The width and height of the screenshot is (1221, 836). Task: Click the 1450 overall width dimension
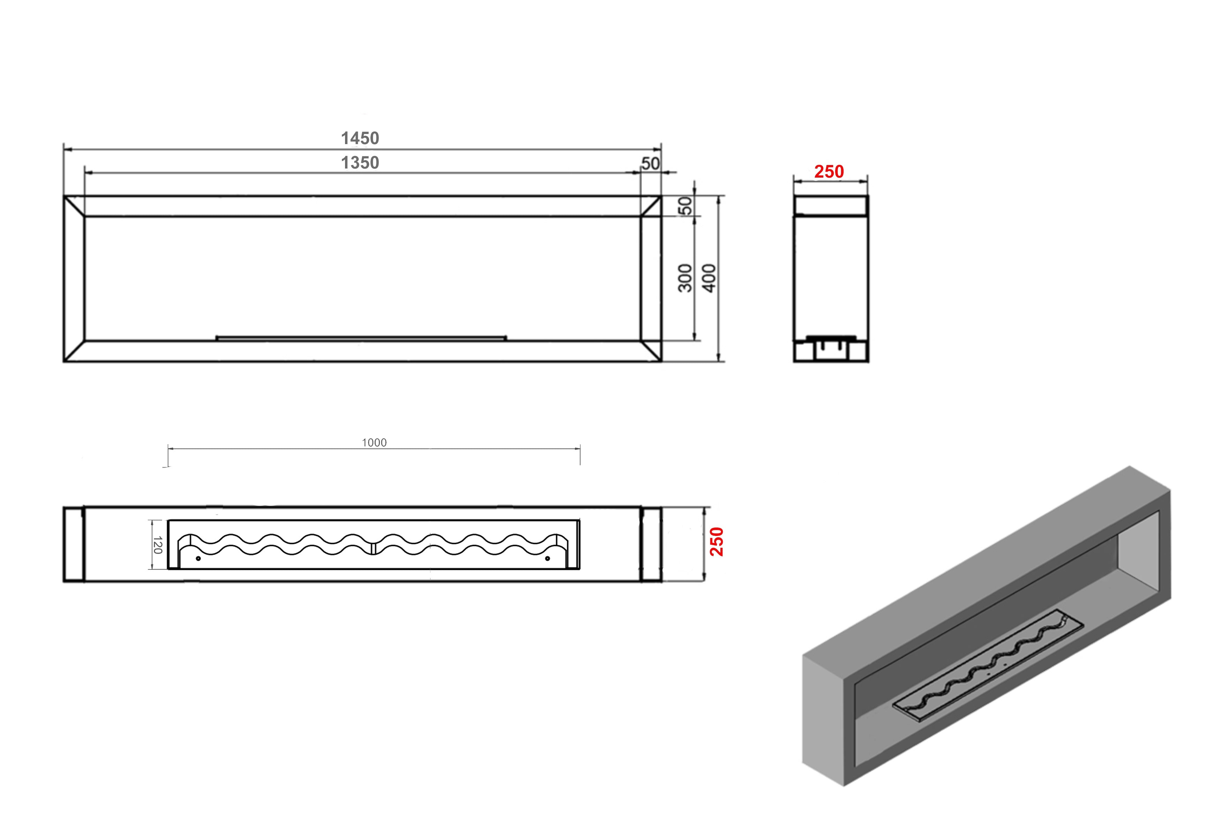(360, 138)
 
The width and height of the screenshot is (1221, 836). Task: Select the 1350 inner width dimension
(360, 163)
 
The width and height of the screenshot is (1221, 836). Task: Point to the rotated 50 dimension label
(686, 206)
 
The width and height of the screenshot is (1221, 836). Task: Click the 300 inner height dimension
(685, 278)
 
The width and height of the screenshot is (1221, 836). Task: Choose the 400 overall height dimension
(709, 278)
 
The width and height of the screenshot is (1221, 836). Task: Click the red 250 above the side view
(829, 172)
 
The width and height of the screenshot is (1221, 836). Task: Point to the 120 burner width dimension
(157, 545)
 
